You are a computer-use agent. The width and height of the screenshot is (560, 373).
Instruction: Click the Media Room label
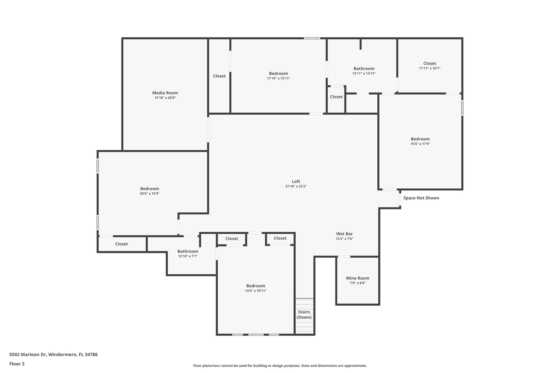165,93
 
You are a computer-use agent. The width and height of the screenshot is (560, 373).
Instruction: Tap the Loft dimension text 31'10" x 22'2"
296,186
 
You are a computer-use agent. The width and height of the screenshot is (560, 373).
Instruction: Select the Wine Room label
357,278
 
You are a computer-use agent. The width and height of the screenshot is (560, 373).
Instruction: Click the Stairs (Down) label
304,315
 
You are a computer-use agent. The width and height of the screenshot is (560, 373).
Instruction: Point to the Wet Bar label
344,234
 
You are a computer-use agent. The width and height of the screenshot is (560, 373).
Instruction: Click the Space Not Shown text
421,198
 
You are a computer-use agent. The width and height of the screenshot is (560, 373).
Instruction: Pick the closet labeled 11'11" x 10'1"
430,66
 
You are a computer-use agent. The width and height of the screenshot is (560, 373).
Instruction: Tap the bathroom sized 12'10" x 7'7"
188,254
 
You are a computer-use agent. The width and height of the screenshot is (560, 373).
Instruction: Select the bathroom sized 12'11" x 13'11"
364,71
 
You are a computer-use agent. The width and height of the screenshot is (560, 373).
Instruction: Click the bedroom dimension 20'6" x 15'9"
150,193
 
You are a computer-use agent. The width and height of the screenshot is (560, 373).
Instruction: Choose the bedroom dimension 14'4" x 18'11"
256,291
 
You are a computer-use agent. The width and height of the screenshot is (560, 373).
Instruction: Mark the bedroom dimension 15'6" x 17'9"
420,144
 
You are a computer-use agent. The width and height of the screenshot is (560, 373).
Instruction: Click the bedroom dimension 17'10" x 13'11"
278,78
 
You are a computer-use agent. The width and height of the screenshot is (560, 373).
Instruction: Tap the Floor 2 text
17,364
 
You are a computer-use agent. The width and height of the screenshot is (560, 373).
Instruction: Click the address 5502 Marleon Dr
53,354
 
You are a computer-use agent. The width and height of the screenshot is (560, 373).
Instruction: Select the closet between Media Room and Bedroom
219,76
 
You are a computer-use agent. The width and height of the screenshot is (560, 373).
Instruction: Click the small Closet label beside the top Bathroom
336,97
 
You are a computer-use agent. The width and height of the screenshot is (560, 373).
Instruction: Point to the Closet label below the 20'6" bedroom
121,244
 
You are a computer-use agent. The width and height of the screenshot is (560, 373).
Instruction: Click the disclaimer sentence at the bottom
280,366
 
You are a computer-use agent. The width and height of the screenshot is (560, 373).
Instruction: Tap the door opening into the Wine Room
344,257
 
